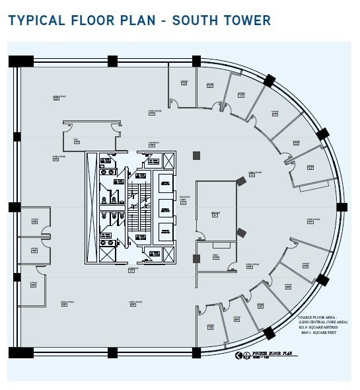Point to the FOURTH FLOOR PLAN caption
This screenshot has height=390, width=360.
click(x=268, y=355)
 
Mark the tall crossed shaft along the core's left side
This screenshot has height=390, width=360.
click(x=92, y=207)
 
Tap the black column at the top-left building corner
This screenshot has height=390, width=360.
click(x=20, y=61)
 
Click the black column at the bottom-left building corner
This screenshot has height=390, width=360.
click(x=20, y=352)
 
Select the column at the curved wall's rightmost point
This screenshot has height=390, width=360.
click(x=342, y=207)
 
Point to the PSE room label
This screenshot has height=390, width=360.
click(x=76, y=139)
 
